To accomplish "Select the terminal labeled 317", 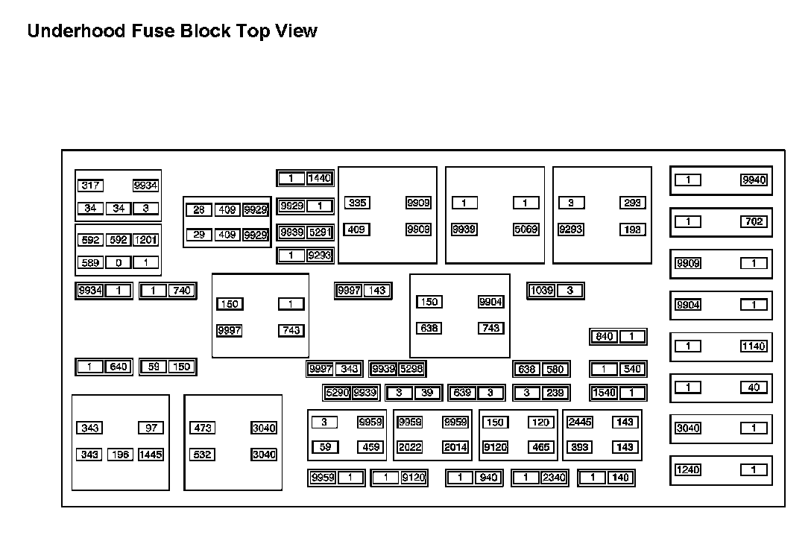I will [x=91, y=186].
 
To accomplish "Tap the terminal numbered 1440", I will [x=320, y=178].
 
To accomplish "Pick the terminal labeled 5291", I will [x=320, y=232].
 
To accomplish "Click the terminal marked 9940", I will [x=754, y=180].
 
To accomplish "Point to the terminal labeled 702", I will [x=754, y=221].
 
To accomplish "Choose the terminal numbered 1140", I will [x=754, y=346].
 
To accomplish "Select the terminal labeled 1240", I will [x=687, y=469].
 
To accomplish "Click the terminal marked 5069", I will [x=526, y=230].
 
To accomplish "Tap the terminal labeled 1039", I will [x=542, y=291].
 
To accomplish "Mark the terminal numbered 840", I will [x=605, y=336].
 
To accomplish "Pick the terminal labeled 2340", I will [x=554, y=478].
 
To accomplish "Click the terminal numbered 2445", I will [x=580, y=423].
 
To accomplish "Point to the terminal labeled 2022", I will [x=410, y=447].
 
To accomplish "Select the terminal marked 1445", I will [x=151, y=455].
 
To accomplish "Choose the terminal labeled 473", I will [x=203, y=428].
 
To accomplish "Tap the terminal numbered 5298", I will [x=411, y=369].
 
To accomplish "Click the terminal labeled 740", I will [x=181, y=291].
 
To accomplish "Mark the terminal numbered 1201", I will [x=146, y=240].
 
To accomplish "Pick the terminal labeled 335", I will [x=356, y=203].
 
